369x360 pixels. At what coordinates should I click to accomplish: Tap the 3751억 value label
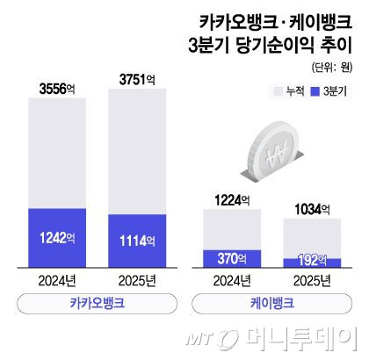[x=135, y=80]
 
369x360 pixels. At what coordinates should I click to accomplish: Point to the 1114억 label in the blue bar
[x=135, y=240]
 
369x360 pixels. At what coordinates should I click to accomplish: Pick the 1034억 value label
[x=311, y=209]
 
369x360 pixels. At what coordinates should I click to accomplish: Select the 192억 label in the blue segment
[x=311, y=263]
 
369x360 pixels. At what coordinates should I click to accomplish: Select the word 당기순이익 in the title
[x=289, y=46]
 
